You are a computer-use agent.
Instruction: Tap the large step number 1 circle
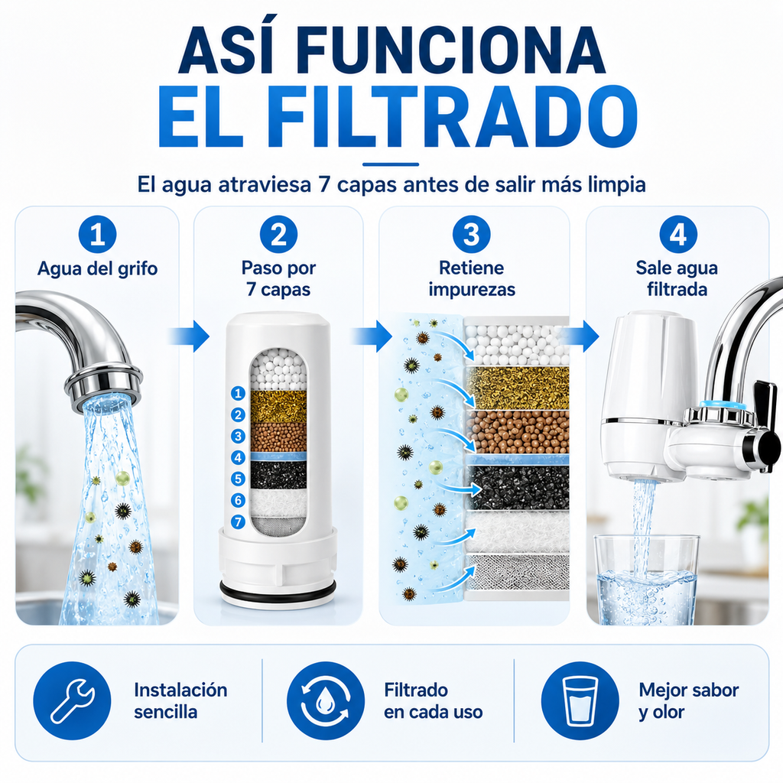pos(97,234)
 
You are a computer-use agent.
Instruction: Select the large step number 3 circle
pos(471,234)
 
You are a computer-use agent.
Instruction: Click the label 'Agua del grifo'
pos(97,268)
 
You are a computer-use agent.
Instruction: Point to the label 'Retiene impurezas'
pos(472,278)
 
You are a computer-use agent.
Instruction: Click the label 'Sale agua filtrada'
pos(677,278)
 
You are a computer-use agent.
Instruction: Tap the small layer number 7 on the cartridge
pos(239,521)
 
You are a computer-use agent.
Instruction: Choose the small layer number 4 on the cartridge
pos(239,457)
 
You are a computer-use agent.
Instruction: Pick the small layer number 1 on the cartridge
pos(239,394)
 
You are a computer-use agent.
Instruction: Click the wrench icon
pos(73,700)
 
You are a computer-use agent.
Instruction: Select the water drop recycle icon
pos(326,700)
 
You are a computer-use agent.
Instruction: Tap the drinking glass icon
pos(580,700)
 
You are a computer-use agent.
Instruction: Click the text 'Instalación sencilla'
pos(180,700)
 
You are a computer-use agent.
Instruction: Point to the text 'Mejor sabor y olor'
pos(689,700)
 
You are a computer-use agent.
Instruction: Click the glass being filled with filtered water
pos(646,580)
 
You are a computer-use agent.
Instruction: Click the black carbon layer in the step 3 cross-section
pos(519,487)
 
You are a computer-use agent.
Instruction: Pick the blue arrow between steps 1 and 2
pos(189,336)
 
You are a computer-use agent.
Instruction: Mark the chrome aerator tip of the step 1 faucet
pos(103,385)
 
